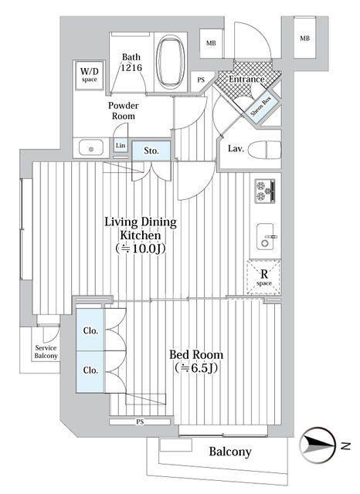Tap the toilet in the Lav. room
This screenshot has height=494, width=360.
pyautogui.click(x=264, y=149)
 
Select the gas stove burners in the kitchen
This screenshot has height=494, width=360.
pyautogui.click(x=265, y=191)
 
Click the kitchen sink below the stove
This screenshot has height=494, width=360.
pyautogui.click(x=266, y=237)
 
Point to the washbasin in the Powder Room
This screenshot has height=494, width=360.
pyautogui.click(x=91, y=148)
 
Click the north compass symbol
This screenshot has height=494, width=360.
pyautogui.click(x=318, y=445)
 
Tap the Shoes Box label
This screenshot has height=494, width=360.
pyautogui.click(x=261, y=107)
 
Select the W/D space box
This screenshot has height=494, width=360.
pyautogui.click(x=89, y=75)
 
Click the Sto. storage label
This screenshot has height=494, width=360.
pyautogui.click(x=151, y=151)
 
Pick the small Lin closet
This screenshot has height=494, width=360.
pyautogui.click(x=121, y=146)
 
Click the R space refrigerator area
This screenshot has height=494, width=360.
pyautogui.click(x=264, y=277)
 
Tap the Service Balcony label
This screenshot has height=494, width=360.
pyautogui.click(x=46, y=352)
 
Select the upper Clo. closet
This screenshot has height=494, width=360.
pyautogui.click(x=90, y=330)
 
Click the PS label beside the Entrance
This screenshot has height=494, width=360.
pyautogui.click(x=201, y=80)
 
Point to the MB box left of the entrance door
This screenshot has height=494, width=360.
pyautogui.click(x=211, y=43)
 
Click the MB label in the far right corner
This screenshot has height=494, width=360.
pyautogui.click(x=305, y=39)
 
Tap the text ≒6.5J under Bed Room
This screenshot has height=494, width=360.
pyautogui.click(x=196, y=367)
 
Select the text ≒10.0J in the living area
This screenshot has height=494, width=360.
pyautogui.click(x=141, y=249)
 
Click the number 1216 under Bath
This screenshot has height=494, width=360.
pyautogui.click(x=132, y=67)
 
